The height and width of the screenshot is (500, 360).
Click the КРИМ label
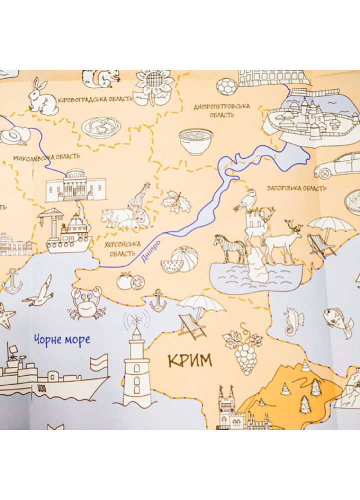(189, 360)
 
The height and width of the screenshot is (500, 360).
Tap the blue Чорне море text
(62, 340)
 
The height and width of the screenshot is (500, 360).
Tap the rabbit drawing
(42, 97)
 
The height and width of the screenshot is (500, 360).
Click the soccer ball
(227, 86)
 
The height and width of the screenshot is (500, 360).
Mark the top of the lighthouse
(136, 320)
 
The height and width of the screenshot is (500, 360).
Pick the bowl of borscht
(195, 141)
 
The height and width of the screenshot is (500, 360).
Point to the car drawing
(337, 166)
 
